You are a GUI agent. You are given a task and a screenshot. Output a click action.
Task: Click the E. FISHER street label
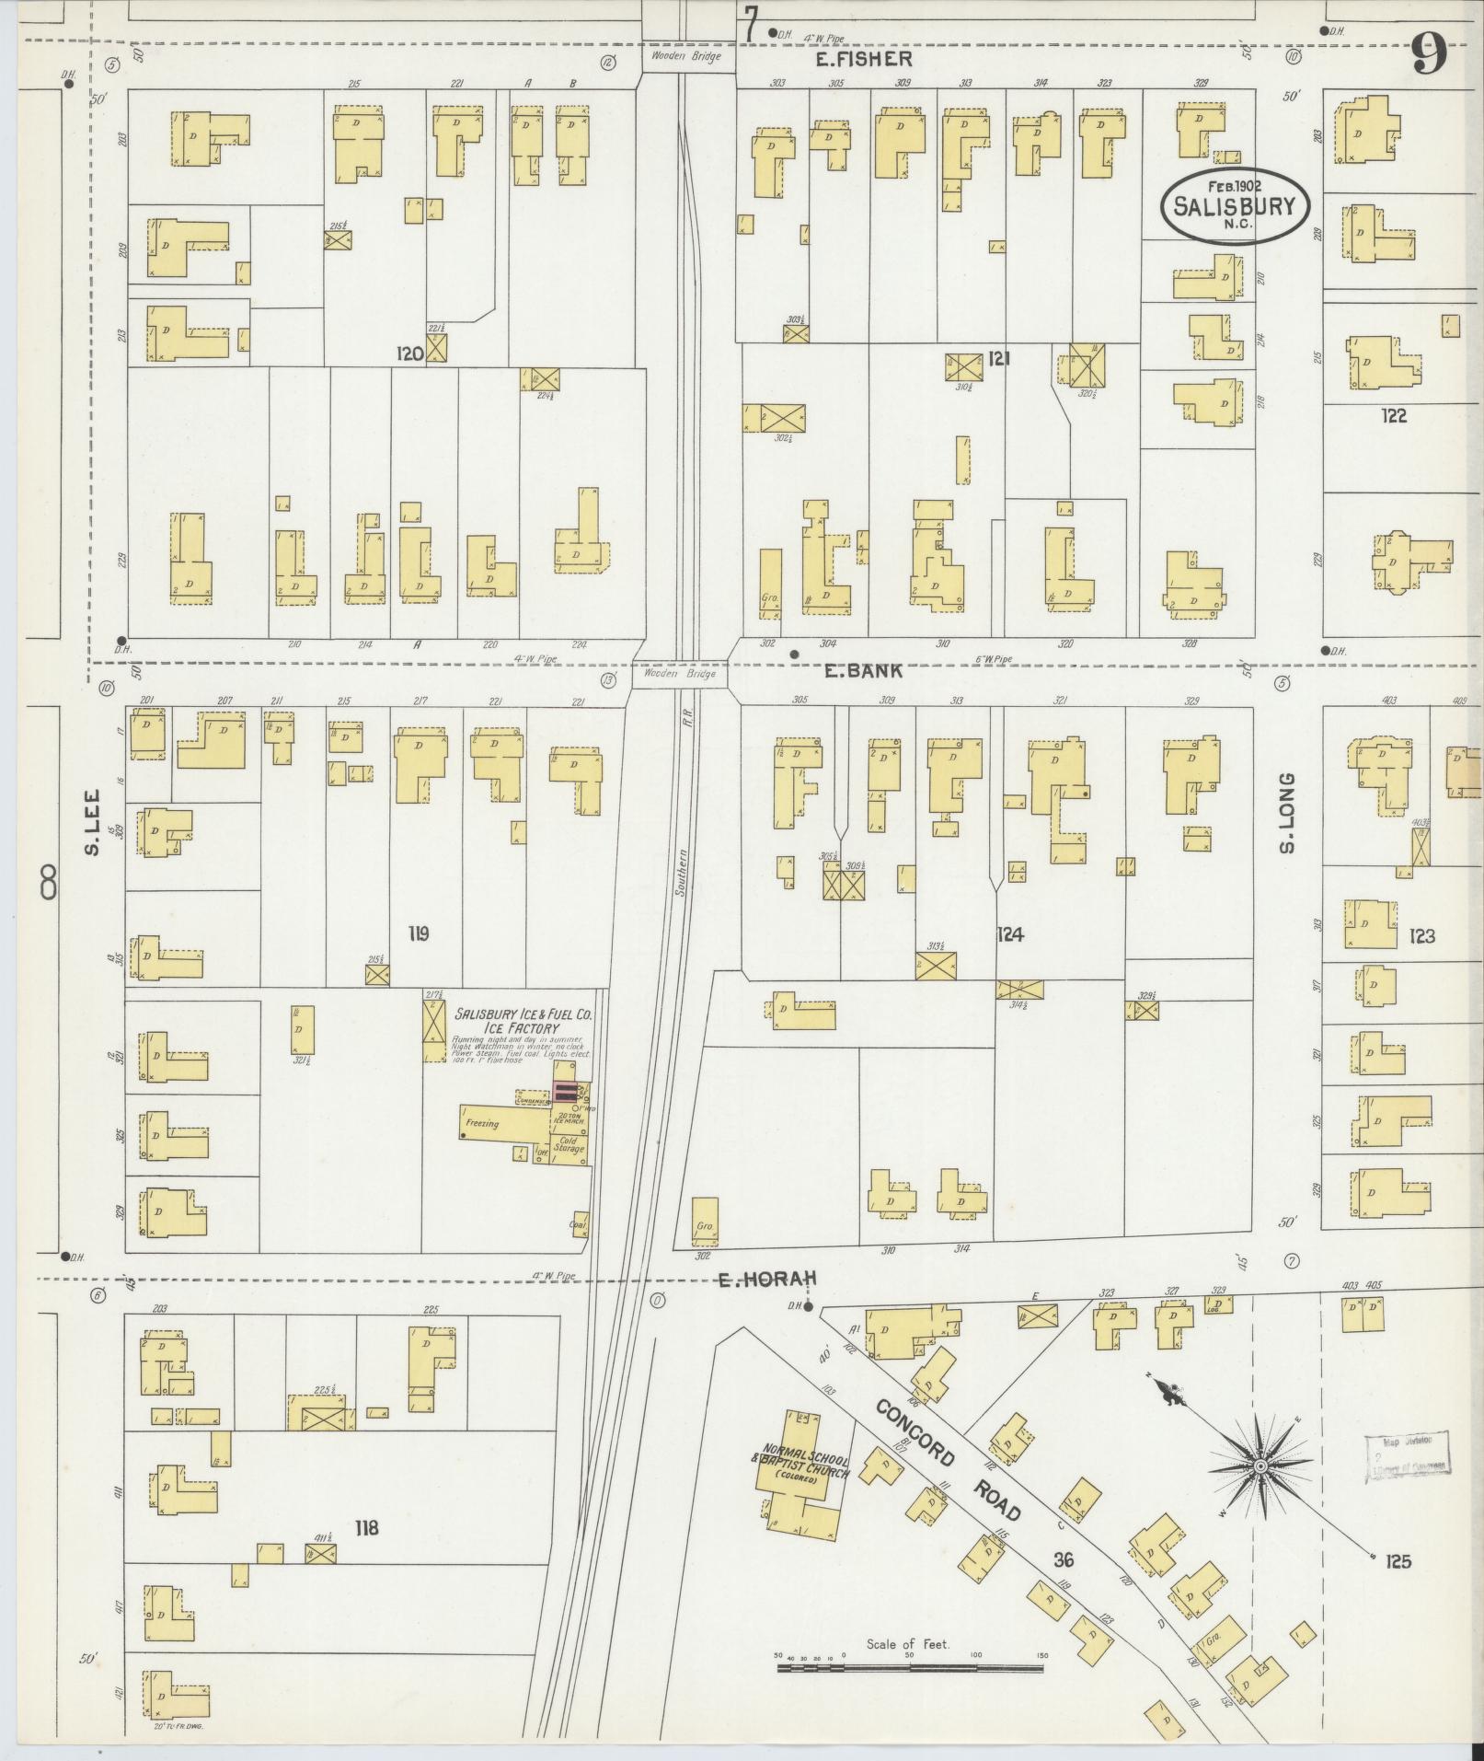tap(863, 60)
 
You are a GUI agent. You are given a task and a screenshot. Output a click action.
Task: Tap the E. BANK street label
tap(863, 671)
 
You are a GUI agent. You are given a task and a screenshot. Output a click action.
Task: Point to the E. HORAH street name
tap(766, 1278)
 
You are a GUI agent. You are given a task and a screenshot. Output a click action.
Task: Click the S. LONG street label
tap(1287, 812)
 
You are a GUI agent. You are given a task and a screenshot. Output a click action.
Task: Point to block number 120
tap(409, 353)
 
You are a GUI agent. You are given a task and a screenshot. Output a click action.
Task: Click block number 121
tap(998, 358)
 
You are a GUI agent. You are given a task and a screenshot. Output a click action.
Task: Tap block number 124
tap(1009, 935)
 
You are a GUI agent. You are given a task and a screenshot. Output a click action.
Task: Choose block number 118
tap(366, 1528)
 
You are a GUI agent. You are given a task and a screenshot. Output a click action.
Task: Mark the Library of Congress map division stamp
tap(1407, 1456)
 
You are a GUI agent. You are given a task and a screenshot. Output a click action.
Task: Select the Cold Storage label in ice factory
tap(569, 1145)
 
